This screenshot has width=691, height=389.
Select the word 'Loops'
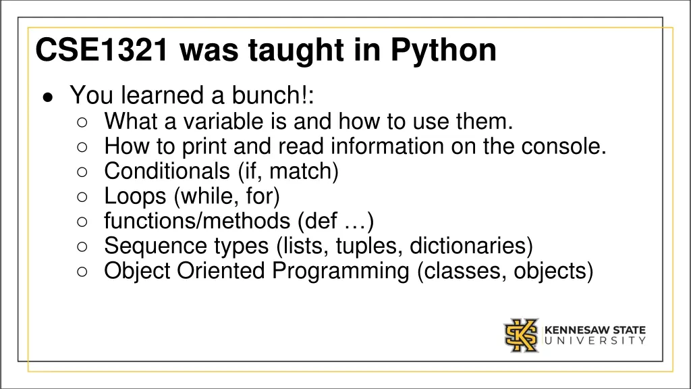click(x=135, y=197)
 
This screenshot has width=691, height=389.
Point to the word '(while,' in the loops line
click(x=202, y=197)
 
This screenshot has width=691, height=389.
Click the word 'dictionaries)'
click(x=472, y=247)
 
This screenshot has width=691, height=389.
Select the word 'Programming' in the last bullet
click(x=341, y=271)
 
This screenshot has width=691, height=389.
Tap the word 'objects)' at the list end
click(x=553, y=271)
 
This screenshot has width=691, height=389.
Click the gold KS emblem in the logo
click(x=522, y=336)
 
